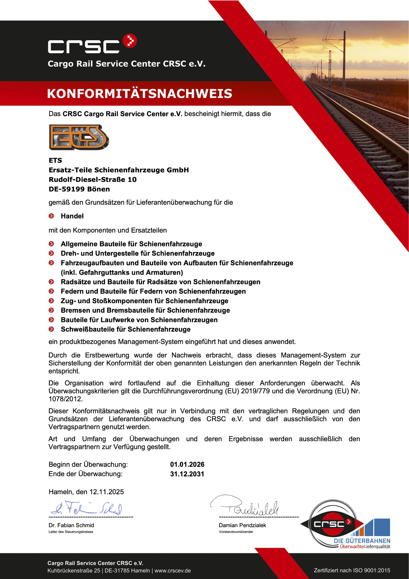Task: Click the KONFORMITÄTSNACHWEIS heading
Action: (x=139, y=94)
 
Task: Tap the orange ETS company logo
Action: (x=79, y=137)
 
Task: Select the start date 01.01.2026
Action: (x=187, y=465)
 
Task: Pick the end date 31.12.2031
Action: (x=187, y=474)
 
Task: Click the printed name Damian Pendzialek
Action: (x=242, y=525)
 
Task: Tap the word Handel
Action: (x=72, y=216)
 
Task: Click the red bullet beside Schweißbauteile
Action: (x=51, y=329)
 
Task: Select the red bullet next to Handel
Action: (x=51, y=216)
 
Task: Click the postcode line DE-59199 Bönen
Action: (x=79, y=189)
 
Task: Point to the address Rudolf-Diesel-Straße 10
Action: (x=93, y=179)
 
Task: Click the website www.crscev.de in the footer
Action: (x=173, y=571)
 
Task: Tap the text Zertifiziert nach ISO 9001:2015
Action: (x=352, y=570)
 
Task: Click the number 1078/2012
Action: (x=65, y=399)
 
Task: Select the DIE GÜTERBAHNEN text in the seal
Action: (x=362, y=541)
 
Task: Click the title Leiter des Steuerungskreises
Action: (x=71, y=532)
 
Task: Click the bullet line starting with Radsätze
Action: (x=160, y=282)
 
